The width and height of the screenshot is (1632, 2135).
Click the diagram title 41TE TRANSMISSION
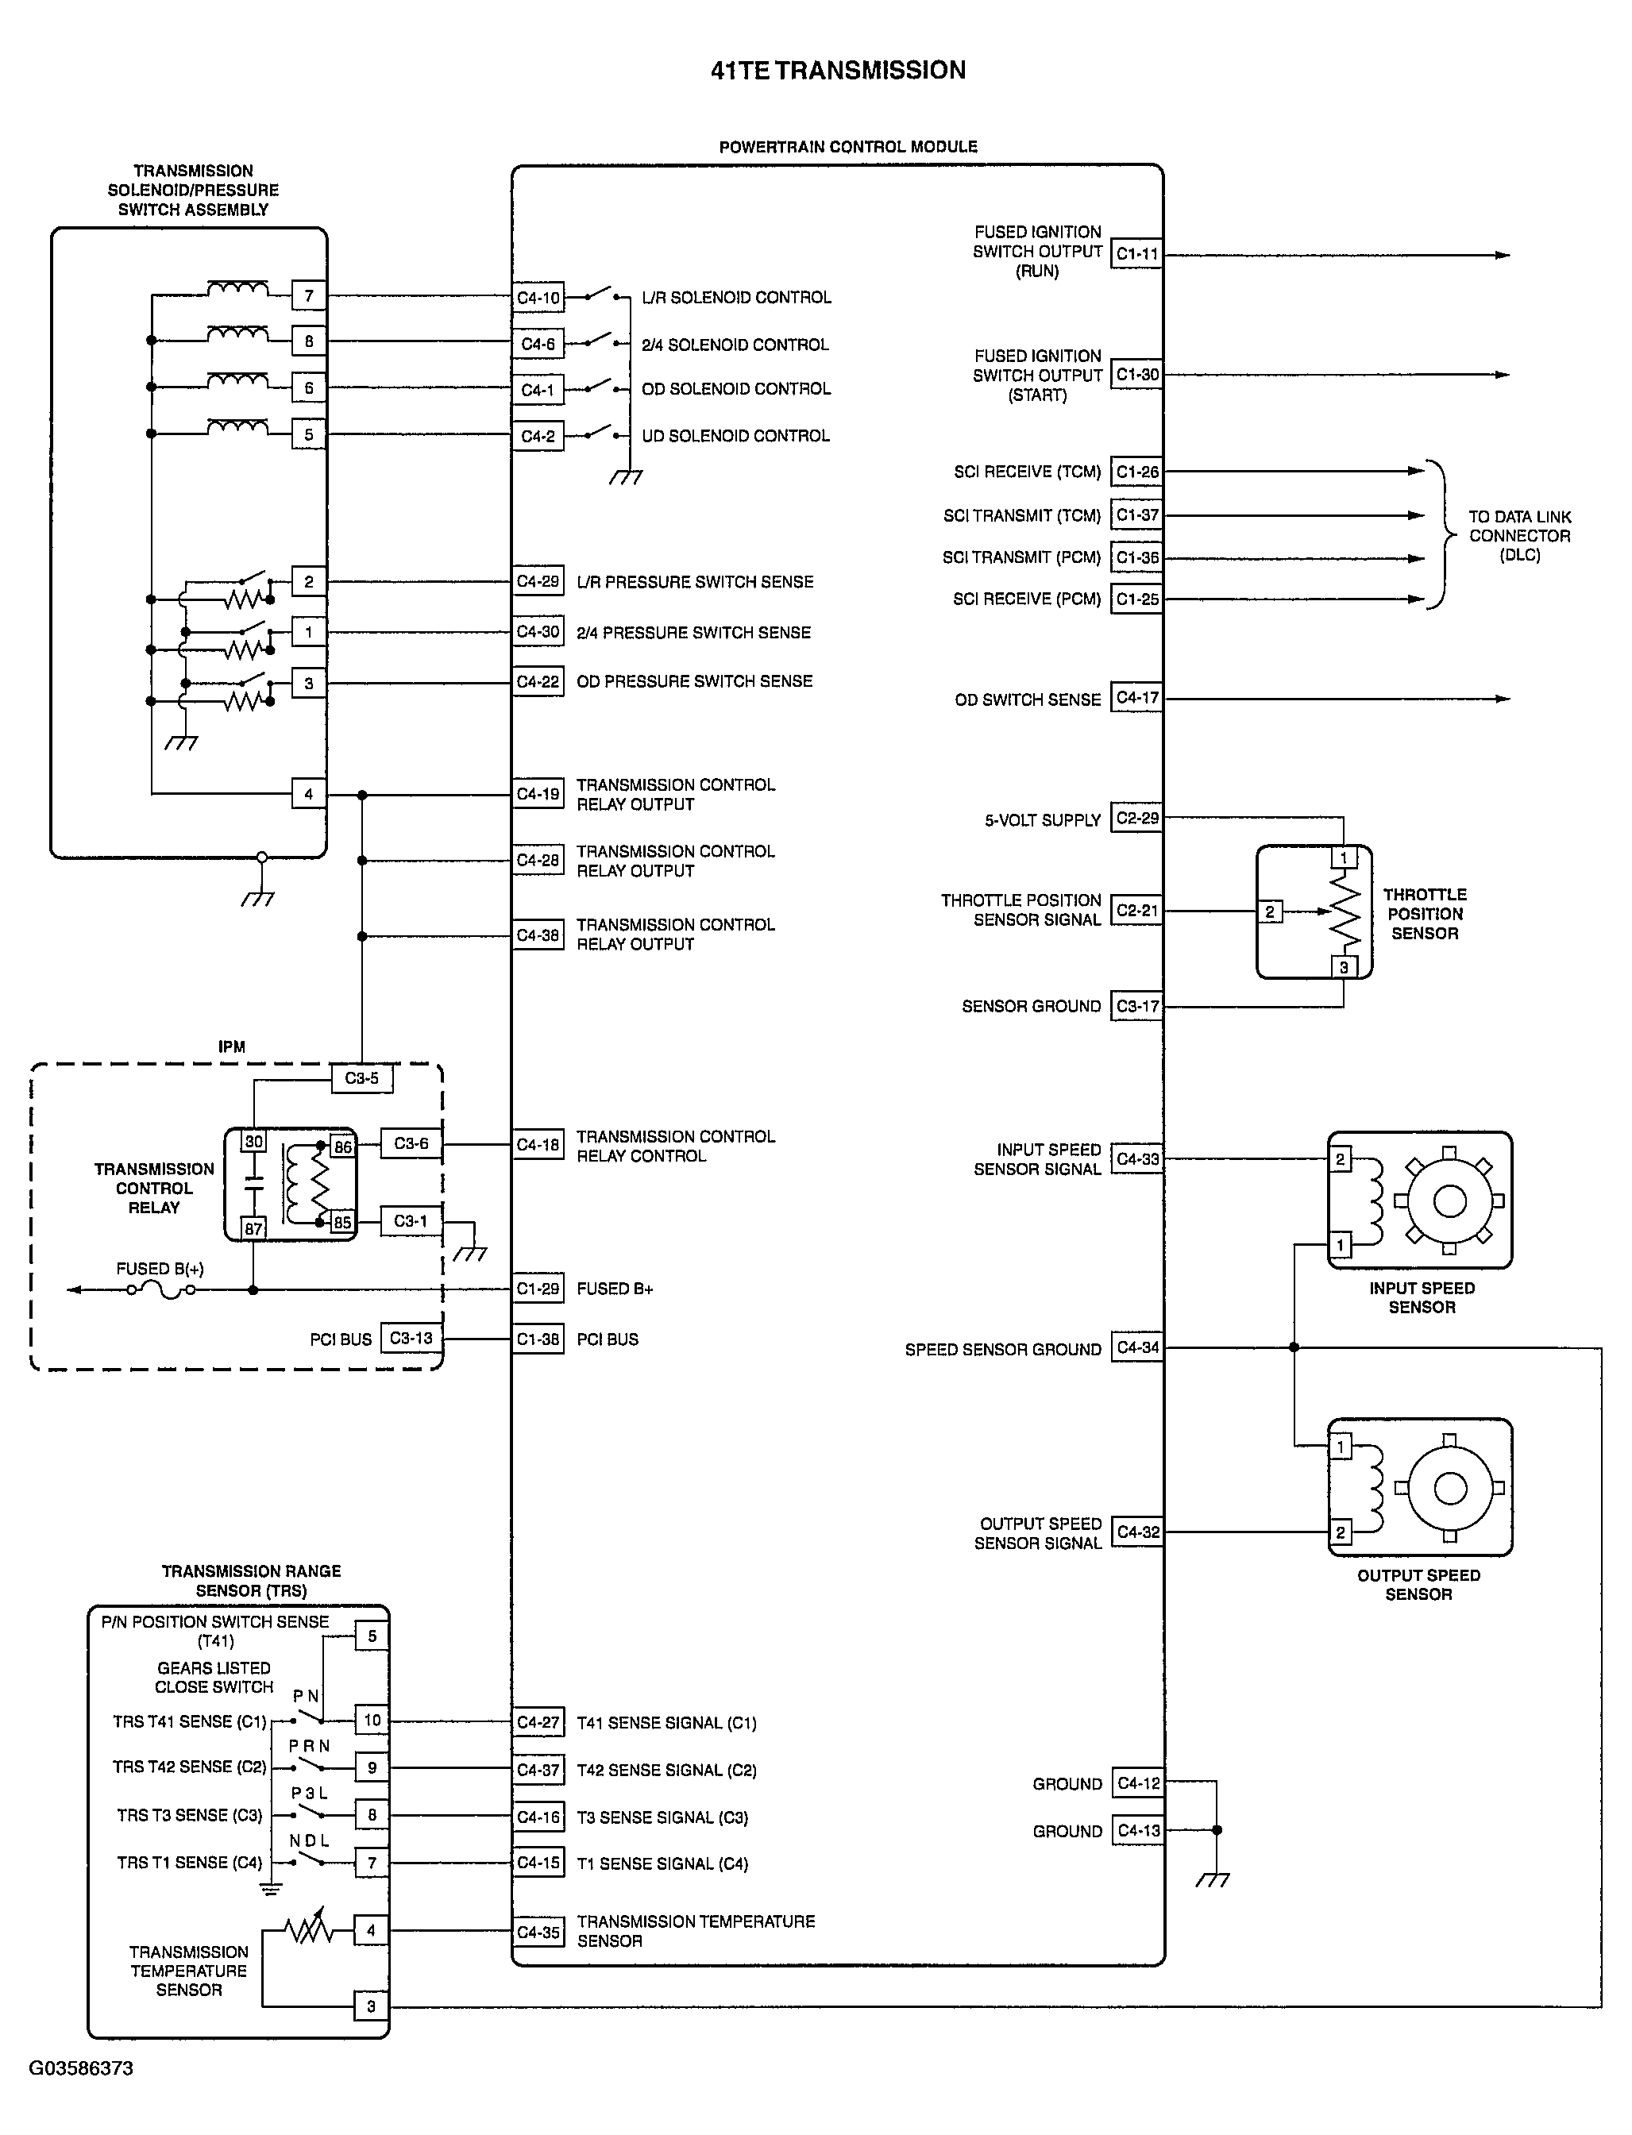[x=839, y=70]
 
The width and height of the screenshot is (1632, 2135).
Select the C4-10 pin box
[x=538, y=297]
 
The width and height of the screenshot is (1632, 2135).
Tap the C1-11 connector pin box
[x=1136, y=255]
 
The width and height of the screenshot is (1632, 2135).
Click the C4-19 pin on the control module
[x=538, y=795]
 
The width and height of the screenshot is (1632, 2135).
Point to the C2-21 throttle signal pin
[x=1136, y=910]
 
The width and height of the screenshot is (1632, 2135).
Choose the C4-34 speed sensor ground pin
[x=1137, y=1347]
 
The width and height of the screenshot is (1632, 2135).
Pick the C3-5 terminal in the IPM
[x=361, y=1078]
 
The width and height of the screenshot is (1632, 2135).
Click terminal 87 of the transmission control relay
[x=253, y=1227]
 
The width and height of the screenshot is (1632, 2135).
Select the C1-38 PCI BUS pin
[x=538, y=1339]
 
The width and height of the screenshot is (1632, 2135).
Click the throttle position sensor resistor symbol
[x=1345, y=911]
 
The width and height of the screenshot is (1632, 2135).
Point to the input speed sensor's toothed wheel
[x=1449, y=1201]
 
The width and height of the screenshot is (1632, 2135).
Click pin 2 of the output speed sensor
[x=1341, y=1533]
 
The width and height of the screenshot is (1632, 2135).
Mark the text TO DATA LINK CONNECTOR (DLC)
[x=1519, y=535]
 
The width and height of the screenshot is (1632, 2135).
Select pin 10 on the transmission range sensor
[x=372, y=1721]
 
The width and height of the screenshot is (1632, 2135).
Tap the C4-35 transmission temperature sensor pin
[x=538, y=1932]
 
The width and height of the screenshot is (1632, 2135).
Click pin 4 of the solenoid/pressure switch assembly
[x=309, y=794]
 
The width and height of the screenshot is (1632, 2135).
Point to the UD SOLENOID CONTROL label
[x=735, y=436]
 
